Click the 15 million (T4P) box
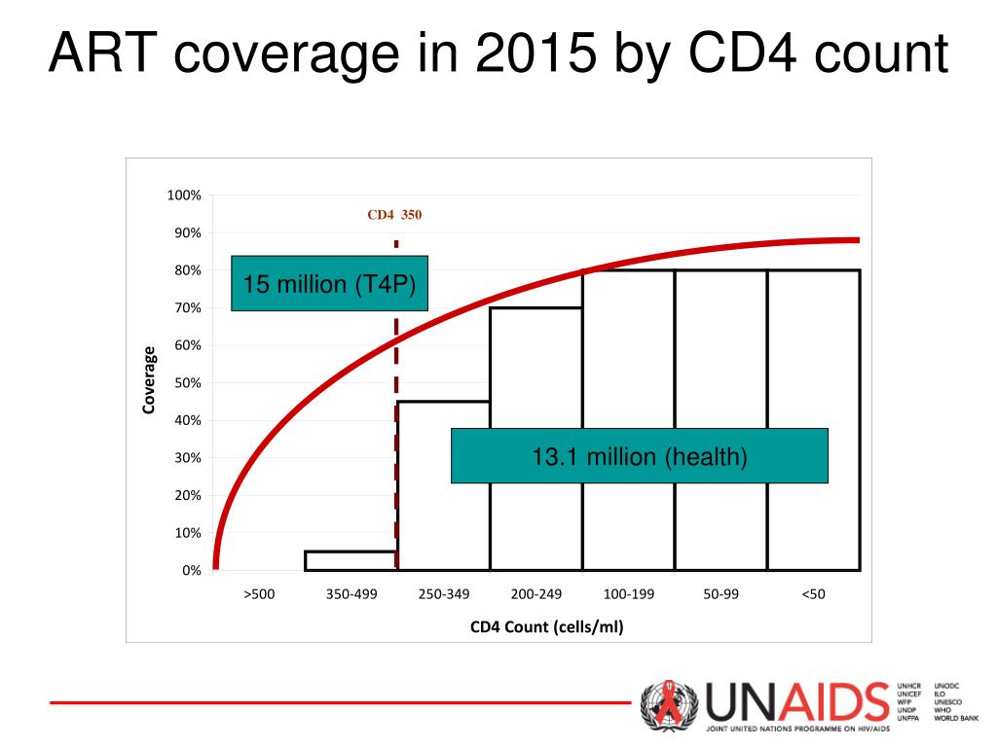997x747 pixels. coord(329,284)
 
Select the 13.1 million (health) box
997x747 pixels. coord(639,456)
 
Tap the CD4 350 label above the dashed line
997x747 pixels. coord(394,215)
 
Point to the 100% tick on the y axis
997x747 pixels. coord(184,196)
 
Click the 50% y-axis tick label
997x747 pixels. coord(187,383)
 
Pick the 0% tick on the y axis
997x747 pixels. coord(190,571)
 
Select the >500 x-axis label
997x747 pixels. coord(259,594)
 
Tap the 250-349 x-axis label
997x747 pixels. coord(444,594)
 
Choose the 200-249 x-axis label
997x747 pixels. coord(536,594)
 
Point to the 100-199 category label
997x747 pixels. coord(629,594)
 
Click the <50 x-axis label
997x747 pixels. coord(814,594)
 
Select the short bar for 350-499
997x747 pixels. coord(351,560)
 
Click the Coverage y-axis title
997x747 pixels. coord(150,380)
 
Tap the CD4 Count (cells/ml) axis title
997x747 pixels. coord(546,626)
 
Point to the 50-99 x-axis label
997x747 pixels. coord(721,594)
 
